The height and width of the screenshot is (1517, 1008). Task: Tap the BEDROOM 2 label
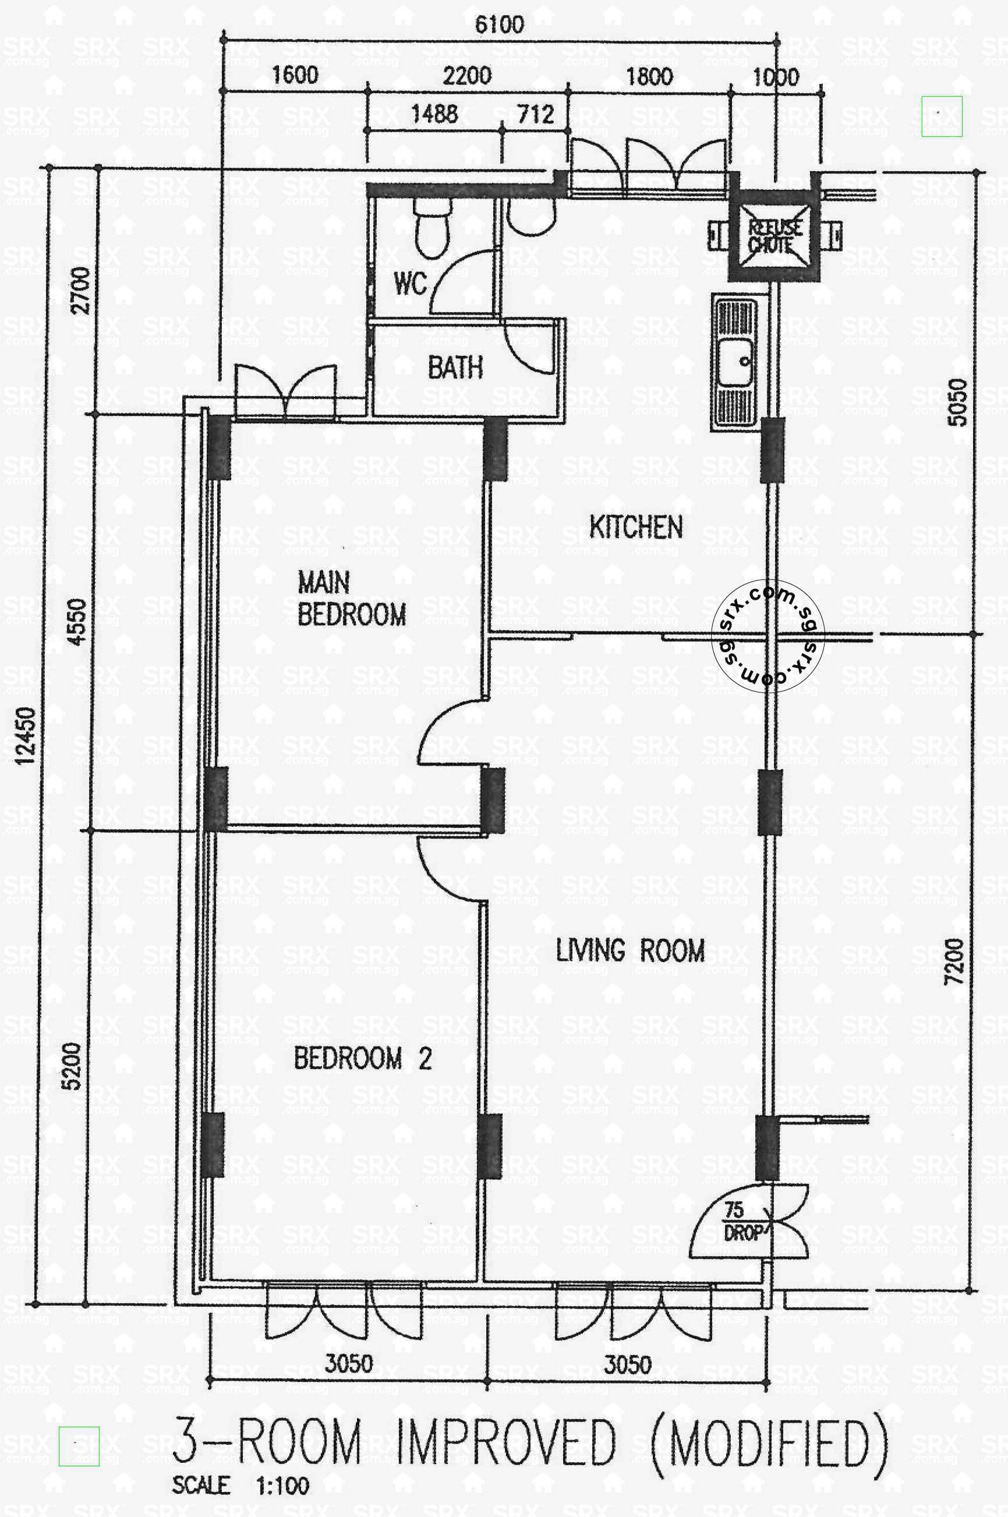(363, 1059)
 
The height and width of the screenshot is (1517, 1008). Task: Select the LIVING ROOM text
(630, 951)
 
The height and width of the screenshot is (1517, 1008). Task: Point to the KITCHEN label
(636, 527)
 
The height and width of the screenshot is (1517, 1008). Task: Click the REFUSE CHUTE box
(774, 236)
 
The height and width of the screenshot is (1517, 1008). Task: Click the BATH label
(455, 367)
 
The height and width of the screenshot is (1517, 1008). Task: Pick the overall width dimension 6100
(499, 24)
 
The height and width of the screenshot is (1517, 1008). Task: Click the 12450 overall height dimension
(26, 736)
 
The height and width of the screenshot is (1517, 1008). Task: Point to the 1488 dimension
(434, 114)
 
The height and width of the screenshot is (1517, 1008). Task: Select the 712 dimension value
(536, 114)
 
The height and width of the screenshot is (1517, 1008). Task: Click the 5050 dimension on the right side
(957, 402)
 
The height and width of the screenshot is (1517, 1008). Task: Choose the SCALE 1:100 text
(240, 1486)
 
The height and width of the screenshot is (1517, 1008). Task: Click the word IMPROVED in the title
(505, 1442)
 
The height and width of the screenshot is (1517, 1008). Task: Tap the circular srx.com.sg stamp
(768, 635)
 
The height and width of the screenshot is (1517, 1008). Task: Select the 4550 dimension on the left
(76, 621)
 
